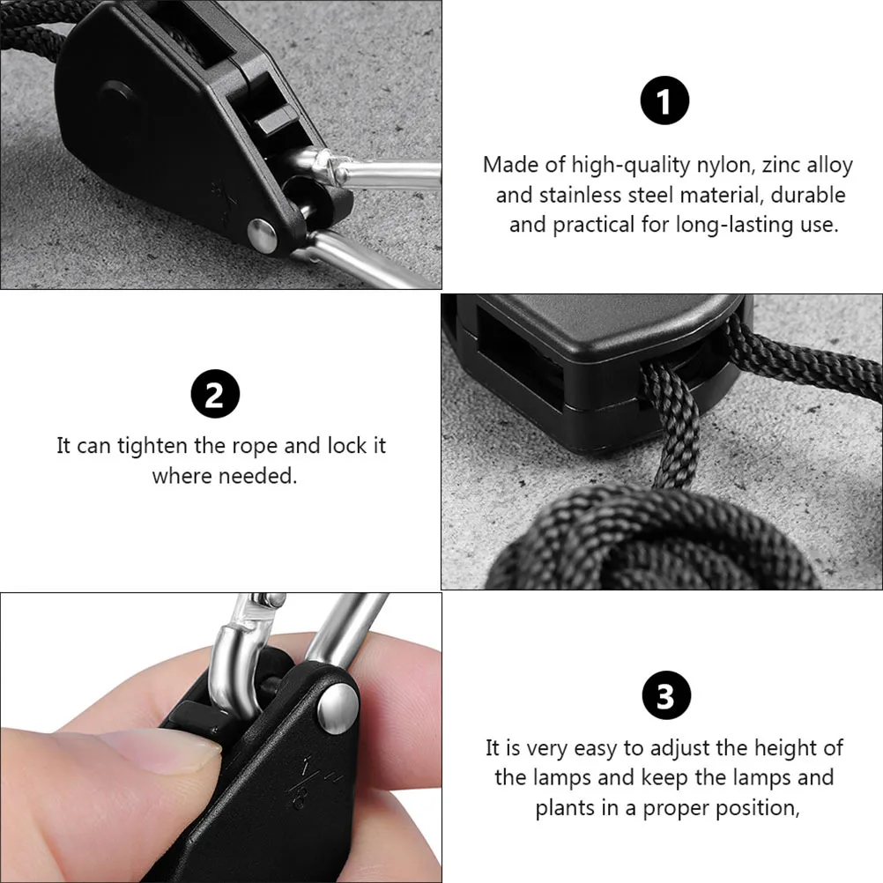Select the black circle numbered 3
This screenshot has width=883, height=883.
click(664, 697)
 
